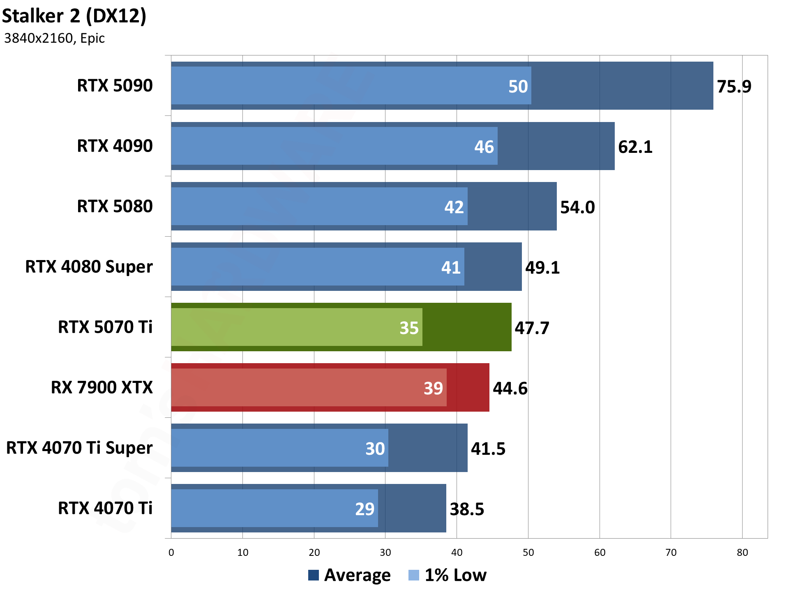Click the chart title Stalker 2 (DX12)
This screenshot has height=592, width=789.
pyautogui.click(x=74, y=16)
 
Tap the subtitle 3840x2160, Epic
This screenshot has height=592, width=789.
pyautogui.click(x=54, y=38)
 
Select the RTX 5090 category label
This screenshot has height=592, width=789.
pyautogui.click(x=115, y=85)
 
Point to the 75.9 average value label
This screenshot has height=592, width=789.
pyautogui.click(x=734, y=87)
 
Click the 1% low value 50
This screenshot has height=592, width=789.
pyautogui.click(x=518, y=87)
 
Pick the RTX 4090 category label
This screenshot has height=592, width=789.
pyautogui.click(x=115, y=146)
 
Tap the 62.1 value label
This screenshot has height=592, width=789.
pyautogui.click(x=635, y=147)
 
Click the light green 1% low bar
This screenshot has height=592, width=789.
pyautogui.click(x=288, y=327)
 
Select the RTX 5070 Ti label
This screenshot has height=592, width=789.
pyautogui.click(x=105, y=327)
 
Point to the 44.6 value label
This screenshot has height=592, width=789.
pyautogui.click(x=510, y=389)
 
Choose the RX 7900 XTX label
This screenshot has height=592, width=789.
pyautogui.click(x=102, y=387)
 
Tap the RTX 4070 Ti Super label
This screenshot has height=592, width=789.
pyautogui.click(x=79, y=448)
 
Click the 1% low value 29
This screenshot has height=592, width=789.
pyautogui.click(x=365, y=509)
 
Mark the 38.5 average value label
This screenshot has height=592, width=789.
pyautogui.click(x=467, y=509)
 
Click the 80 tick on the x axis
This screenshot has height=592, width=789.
pyautogui.click(x=742, y=553)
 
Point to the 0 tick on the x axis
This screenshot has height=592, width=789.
pyautogui.click(x=171, y=553)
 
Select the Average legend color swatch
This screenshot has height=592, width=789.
pyautogui.click(x=313, y=575)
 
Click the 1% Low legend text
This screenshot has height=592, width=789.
pyautogui.click(x=455, y=575)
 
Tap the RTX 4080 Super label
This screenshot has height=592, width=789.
pyautogui.click(x=89, y=267)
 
